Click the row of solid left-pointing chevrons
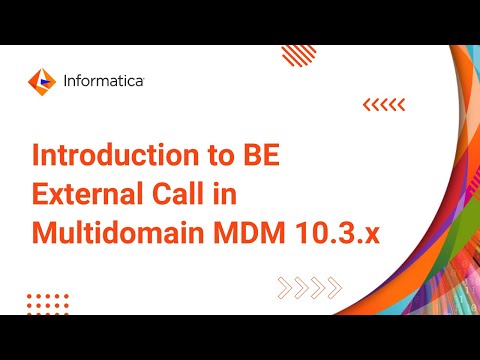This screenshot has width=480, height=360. (383, 104)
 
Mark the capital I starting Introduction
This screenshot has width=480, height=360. (37, 158)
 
